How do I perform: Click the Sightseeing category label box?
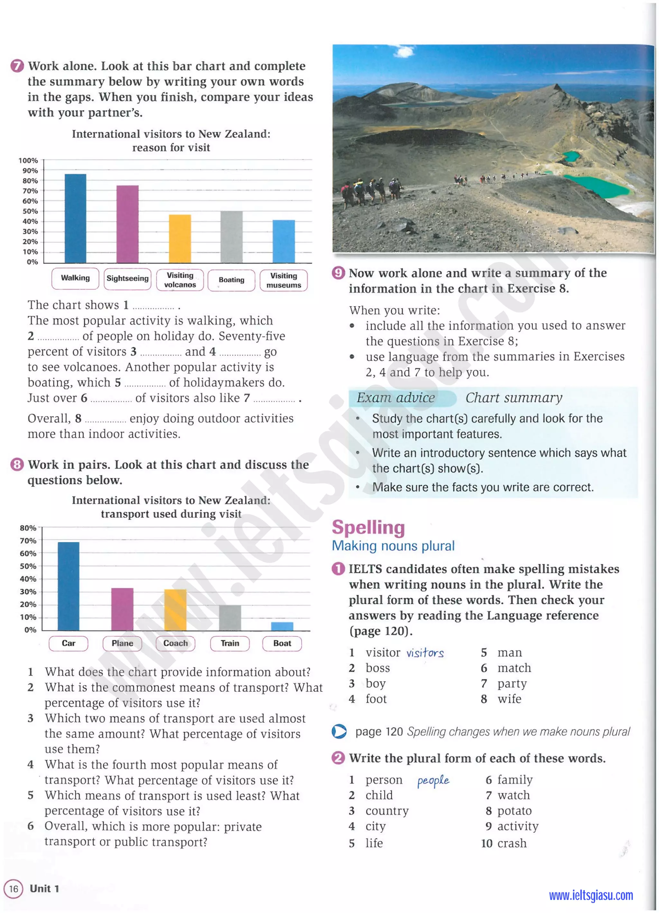tap(127, 278)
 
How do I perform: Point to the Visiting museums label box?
tap(283, 280)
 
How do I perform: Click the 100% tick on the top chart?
tap(28, 161)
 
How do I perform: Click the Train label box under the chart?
tap(230, 643)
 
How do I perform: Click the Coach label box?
tap(175, 643)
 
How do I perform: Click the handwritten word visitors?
tap(425, 653)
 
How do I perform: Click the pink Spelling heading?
tap(368, 527)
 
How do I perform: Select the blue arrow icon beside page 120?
tap(339, 731)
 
